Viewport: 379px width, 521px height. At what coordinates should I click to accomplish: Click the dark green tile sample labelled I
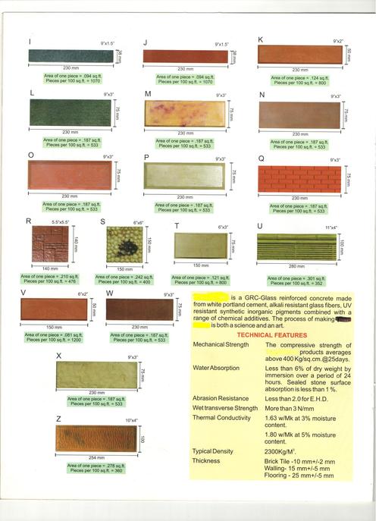coord(70,56)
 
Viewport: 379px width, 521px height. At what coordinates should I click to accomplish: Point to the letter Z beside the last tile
coord(58,419)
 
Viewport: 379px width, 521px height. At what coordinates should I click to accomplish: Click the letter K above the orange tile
coord(261,39)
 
